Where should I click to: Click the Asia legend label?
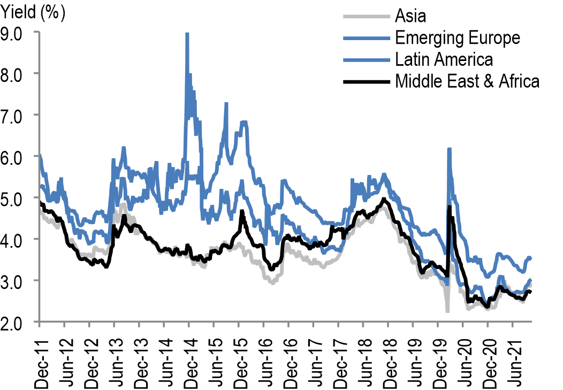click(x=410, y=16)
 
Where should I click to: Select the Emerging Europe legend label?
click(x=457, y=37)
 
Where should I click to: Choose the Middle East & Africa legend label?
click(x=467, y=81)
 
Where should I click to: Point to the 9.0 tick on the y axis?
click(x=19, y=32)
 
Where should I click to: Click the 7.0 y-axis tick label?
click(x=19, y=115)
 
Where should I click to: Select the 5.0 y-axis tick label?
click(x=19, y=198)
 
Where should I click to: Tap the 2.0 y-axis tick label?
click(x=19, y=322)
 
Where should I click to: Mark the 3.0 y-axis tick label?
click(x=19, y=281)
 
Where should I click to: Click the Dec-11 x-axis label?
click(x=40, y=356)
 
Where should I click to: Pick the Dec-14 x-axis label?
click(x=189, y=356)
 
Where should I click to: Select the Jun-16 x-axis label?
click(x=264, y=356)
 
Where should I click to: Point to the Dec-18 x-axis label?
click(x=389, y=356)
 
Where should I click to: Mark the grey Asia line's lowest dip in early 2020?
click(x=447, y=311)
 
